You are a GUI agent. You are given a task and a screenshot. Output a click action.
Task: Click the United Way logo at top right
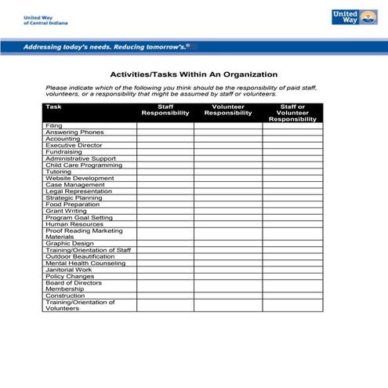click(x=350, y=16)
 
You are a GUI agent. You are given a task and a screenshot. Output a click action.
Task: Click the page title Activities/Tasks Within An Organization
click(x=193, y=74)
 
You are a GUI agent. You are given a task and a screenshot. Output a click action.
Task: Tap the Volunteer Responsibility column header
click(x=228, y=110)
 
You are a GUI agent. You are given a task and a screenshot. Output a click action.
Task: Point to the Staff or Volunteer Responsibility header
click(x=292, y=113)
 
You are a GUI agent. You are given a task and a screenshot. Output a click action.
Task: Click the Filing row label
click(x=54, y=125)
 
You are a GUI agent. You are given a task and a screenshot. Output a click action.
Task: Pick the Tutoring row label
click(x=59, y=172)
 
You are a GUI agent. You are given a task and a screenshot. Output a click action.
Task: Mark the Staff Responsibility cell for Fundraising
click(x=165, y=152)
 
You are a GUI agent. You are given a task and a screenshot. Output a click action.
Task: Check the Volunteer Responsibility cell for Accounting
click(x=228, y=139)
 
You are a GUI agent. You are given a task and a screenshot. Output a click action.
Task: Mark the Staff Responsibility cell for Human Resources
click(x=165, y=223)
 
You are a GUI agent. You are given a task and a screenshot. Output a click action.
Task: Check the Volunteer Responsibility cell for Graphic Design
click(x=228, y=243)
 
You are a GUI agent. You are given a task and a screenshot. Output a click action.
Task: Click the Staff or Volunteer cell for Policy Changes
click(x=292, y=276)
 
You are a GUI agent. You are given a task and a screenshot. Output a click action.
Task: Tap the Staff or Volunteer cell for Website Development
click(x=292, y=178)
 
